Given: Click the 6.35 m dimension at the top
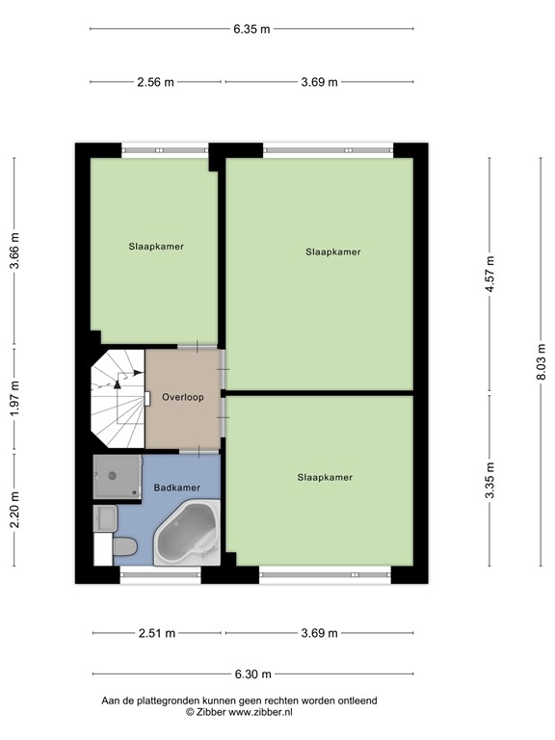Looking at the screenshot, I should (x=251, y=29).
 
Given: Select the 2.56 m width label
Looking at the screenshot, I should (x=155, y=82).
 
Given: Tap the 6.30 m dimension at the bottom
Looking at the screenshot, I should (x=251, y=674).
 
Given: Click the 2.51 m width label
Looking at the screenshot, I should (x=155, y=633).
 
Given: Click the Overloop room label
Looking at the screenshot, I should (x=182, y=397).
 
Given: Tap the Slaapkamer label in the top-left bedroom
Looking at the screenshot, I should (x=156, y=247).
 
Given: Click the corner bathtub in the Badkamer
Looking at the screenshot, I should (x=188, y=536).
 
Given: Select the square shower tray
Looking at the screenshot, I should (x=117, y=475).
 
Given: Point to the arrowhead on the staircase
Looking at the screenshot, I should (x=118, y=383).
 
